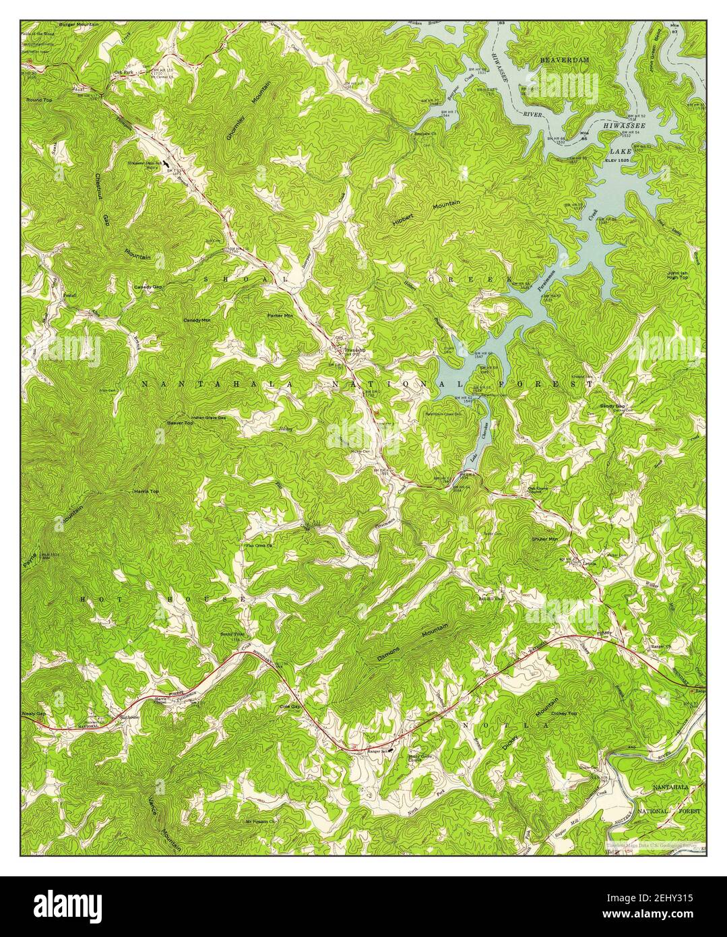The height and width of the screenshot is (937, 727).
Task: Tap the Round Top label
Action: [x=38, y=100]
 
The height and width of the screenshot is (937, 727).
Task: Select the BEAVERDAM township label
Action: [x=565, y=60]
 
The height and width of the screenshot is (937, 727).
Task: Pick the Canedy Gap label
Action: [x=148, y=287]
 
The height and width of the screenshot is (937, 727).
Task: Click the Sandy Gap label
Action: [x=612, y=406]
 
